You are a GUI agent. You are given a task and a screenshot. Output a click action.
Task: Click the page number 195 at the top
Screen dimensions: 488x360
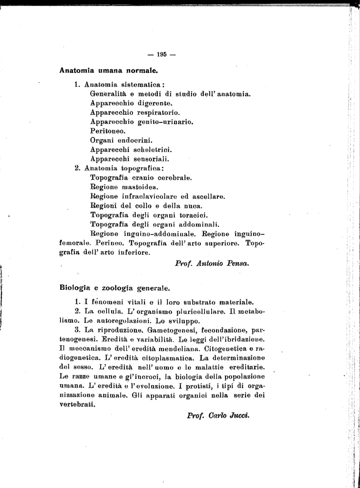(x=162, y=54)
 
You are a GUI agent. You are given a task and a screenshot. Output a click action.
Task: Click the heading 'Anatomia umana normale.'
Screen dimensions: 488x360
(x=108, y=70)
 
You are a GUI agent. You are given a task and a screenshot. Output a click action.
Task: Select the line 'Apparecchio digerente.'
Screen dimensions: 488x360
(x=131, y=103)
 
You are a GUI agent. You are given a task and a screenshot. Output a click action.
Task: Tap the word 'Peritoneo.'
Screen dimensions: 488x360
(x=108, y=131)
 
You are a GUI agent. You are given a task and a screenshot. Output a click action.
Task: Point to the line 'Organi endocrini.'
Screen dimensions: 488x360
(x=121, y=140)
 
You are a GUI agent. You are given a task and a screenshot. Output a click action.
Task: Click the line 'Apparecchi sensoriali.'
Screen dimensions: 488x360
(x=130, y=159)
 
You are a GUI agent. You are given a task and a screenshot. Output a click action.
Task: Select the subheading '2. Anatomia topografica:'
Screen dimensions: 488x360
(x=119, y=168)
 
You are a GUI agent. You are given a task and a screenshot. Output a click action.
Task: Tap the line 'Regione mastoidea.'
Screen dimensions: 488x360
(x=124, y=187)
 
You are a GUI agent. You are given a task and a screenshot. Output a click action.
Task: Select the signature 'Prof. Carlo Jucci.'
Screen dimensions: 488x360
(x=218, y=415)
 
